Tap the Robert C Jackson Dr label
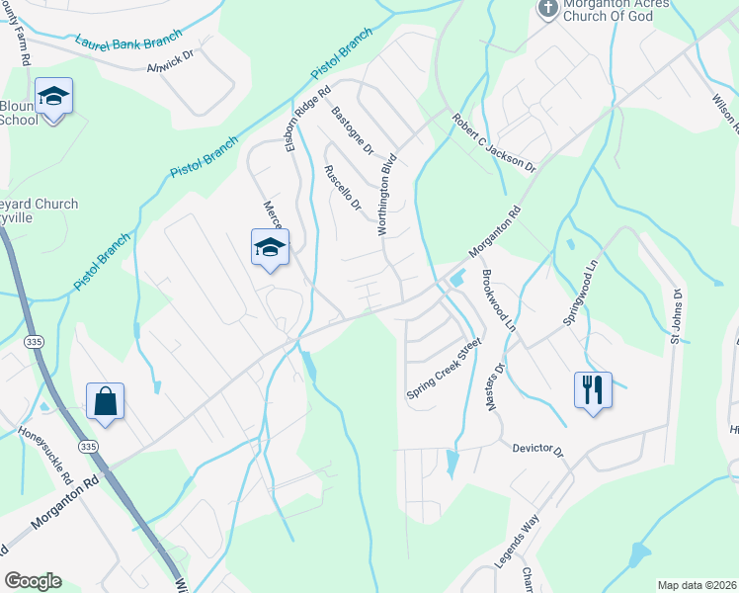pos(493,142)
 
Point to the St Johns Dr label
pos(677,316)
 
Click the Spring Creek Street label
pos(444,369)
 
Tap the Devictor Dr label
pos(537,450)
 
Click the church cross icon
pos(547,9)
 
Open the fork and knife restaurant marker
pos(593,389)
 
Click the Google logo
pos(33,581)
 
